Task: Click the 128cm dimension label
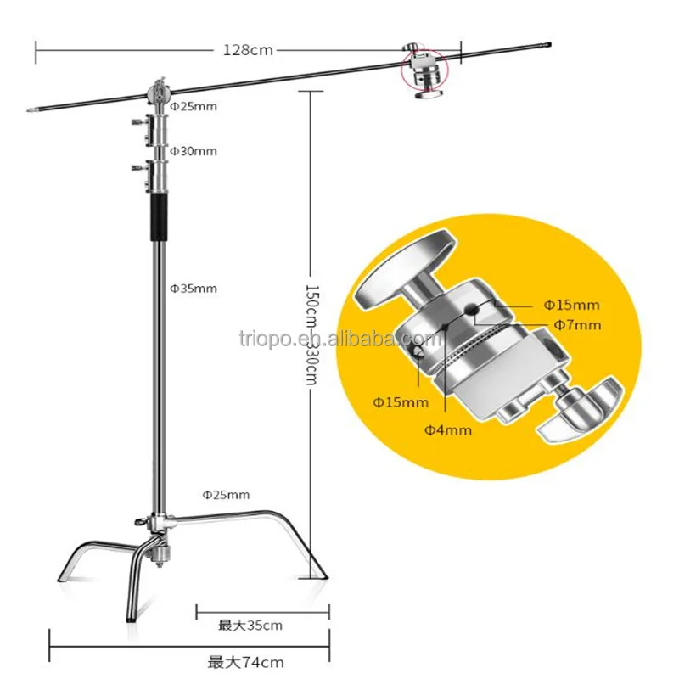point(248,49)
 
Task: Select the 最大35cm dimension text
point(250,626)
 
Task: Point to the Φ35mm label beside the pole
point(194,289)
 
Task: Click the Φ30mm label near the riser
point(194,151)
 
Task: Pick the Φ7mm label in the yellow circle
point(577,324)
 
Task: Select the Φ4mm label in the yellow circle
point(448,430)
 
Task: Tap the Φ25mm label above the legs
point(226,494)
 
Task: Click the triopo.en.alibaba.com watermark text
point(339,339)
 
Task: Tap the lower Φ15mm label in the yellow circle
point(401,401)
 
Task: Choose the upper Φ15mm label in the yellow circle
point(571,304)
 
